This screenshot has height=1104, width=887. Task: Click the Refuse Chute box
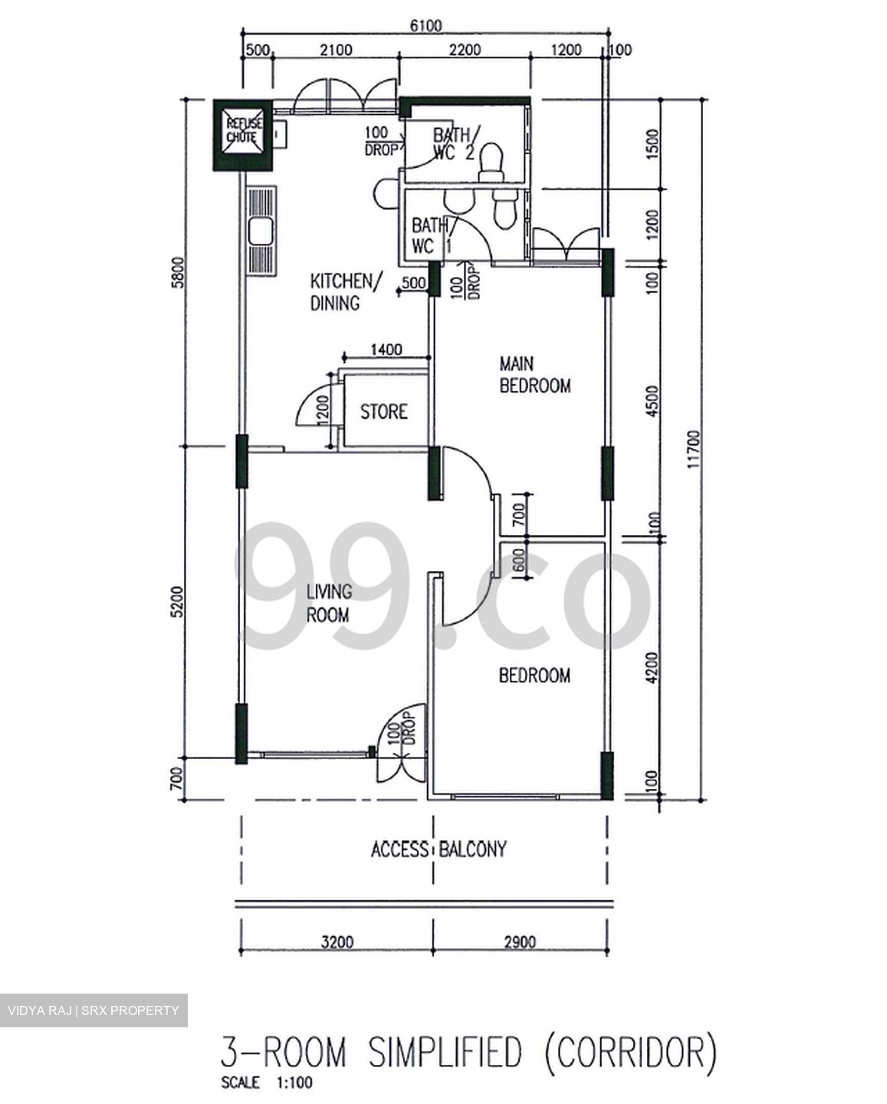pyautogui.click(x=242, y=136)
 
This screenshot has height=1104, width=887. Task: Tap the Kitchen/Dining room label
pyautogui.click(x=343, y=291)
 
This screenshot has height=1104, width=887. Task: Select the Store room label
pyautogui.click(x=383, y=412)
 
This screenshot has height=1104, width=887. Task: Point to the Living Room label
pyautogui.click(x=328, y=603)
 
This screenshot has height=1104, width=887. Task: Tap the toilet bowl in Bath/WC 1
pyautogui.click(x=504, y=209)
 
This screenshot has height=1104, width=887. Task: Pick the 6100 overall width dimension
pyautogui.click(x=425, y=25)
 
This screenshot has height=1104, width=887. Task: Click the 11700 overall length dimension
pyautogui.click(x=694, y=449)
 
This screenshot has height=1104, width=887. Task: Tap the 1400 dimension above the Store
pyautogui.click(x=386, y=350)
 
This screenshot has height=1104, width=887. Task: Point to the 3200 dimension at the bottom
pyautogui.click(x=337, y=941)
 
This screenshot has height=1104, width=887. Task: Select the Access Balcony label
pyautogui.click(x=439, y=849)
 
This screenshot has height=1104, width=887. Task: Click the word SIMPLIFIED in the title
pyautogui.click(x=445, y=1053)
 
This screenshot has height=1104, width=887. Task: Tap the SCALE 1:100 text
pyautogui.click(x=266, y=1084)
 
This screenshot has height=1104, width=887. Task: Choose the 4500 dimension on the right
pyautogui.click(x=652, y=400)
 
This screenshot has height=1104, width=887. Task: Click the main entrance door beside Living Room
pyautogui.click(x=400, y=742)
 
